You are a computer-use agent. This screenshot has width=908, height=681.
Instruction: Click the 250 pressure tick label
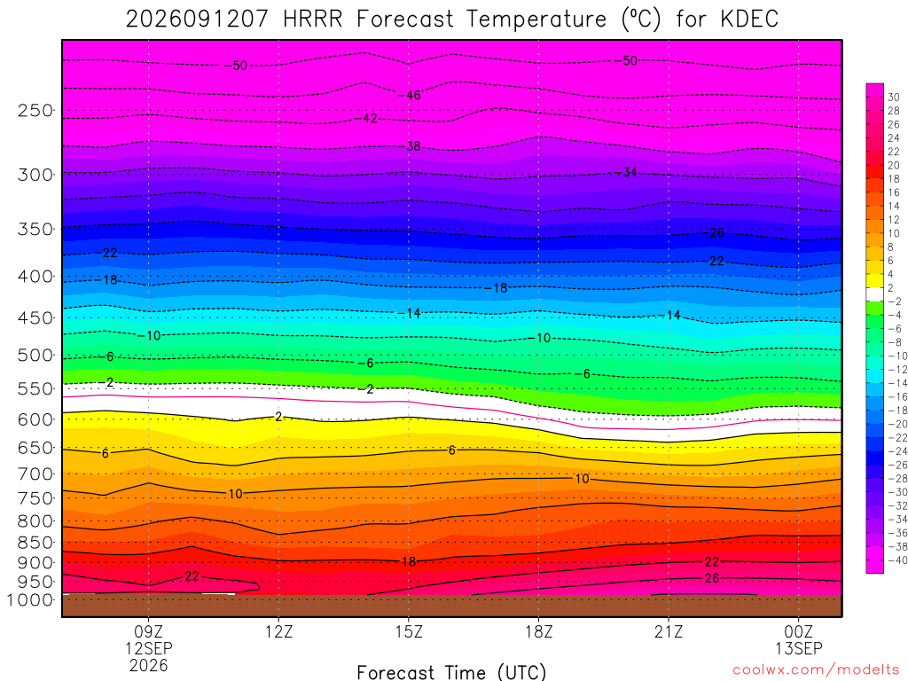(35, 110)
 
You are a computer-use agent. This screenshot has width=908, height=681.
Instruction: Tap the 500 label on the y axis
(35, 355)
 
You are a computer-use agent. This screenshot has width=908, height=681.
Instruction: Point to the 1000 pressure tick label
(31, 600)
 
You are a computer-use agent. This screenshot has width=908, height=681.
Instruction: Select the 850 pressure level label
(35, 543)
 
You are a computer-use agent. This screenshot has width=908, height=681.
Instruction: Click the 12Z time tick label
(279, 631)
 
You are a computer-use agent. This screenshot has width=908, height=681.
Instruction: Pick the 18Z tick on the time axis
(539, 631)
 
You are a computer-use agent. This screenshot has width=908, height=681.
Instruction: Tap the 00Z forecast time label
(799, 631)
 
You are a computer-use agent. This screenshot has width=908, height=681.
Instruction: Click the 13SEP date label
(799, 648)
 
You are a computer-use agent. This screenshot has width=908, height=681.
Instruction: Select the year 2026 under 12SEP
(149, 665)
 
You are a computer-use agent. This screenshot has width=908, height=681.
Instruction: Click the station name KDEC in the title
(749, 20)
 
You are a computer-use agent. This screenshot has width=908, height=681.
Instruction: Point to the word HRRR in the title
(313, 20)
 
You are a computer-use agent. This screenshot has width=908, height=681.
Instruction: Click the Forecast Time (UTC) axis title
(451, 672)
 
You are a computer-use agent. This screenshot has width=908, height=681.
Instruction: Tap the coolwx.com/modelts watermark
(816, 670)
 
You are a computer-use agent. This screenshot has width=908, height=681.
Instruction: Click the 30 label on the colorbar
(894, 98)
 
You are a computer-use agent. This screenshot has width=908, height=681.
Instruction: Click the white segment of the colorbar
(875, 294)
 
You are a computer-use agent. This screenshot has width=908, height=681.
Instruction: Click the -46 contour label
(410, 95)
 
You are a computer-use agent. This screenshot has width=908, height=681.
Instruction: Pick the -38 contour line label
(410, 146)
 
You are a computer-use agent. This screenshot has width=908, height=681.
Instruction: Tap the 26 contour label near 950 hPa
(712, 578)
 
